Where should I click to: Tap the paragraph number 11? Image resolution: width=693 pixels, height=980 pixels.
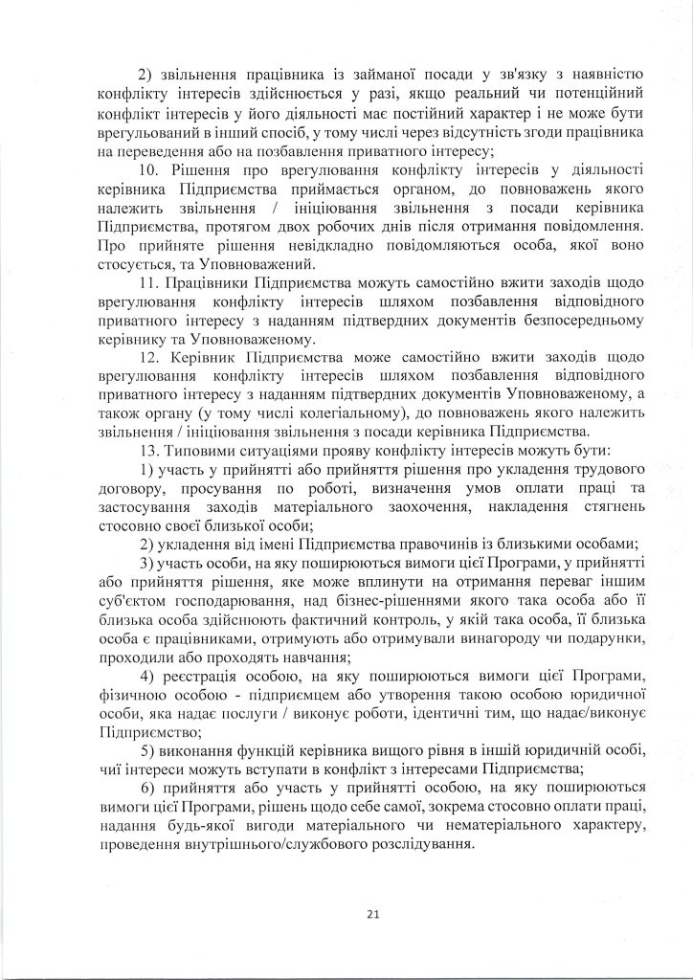[x=146, y=285]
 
